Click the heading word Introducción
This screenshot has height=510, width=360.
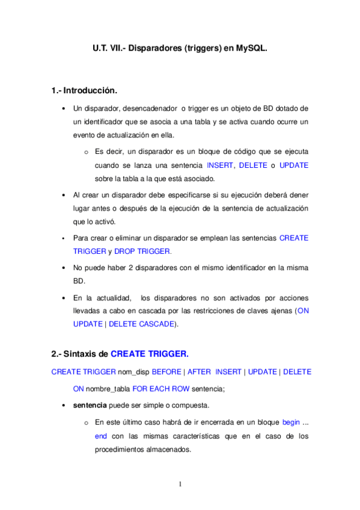tap(91, 91)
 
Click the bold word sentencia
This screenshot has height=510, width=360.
tap(90, 405)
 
